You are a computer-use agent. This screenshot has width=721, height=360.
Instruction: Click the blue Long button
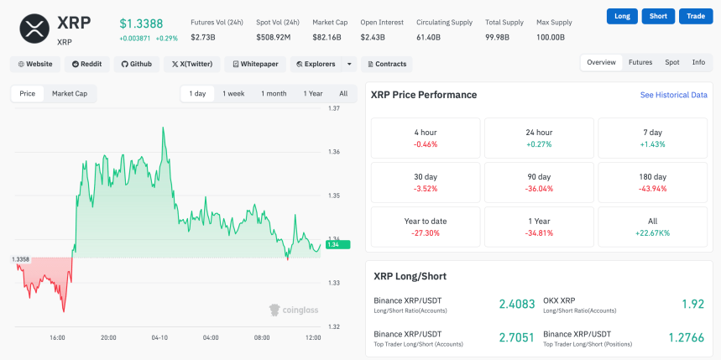point(622,16)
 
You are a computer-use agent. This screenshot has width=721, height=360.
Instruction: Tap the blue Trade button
point(696,16)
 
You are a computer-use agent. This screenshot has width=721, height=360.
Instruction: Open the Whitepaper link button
point(255,64)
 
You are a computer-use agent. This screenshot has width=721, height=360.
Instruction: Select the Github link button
point(135,64)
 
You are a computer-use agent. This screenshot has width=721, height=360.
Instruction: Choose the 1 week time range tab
point(233,94)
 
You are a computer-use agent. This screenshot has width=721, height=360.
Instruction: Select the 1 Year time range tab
point(312,94)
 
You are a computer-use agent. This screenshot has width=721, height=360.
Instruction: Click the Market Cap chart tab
point(70,94)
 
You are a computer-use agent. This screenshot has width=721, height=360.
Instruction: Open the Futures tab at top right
point(640,62)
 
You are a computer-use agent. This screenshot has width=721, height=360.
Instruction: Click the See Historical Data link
point(673,96)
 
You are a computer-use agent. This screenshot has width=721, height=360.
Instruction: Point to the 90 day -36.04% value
point(539,189)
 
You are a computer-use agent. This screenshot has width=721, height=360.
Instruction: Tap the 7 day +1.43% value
point(652,144)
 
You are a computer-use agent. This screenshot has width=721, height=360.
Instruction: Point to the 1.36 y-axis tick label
point(334,152)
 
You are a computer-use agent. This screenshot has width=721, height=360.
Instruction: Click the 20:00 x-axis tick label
point(108,338)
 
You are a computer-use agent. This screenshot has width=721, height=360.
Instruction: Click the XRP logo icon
point(33,29)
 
